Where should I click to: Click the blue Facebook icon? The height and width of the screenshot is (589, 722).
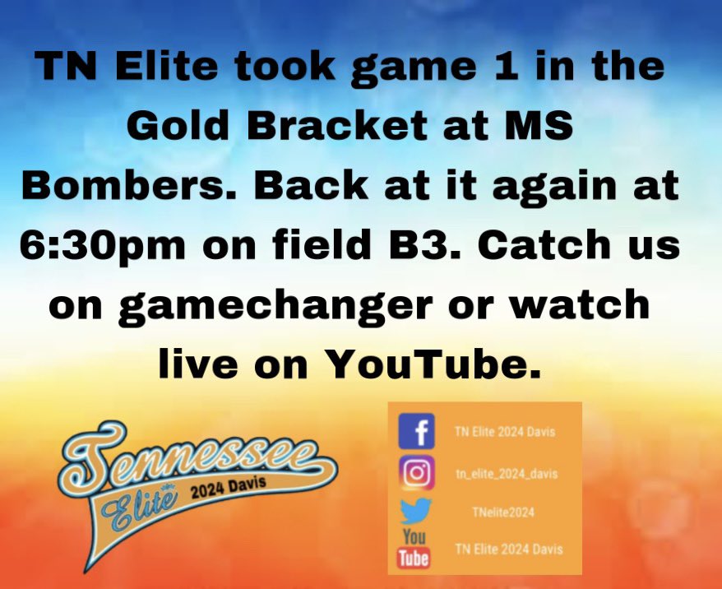[416, 432]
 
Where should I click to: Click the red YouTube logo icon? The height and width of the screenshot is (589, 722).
[414, 549]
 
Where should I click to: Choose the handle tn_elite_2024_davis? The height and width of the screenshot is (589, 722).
[505, 473]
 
